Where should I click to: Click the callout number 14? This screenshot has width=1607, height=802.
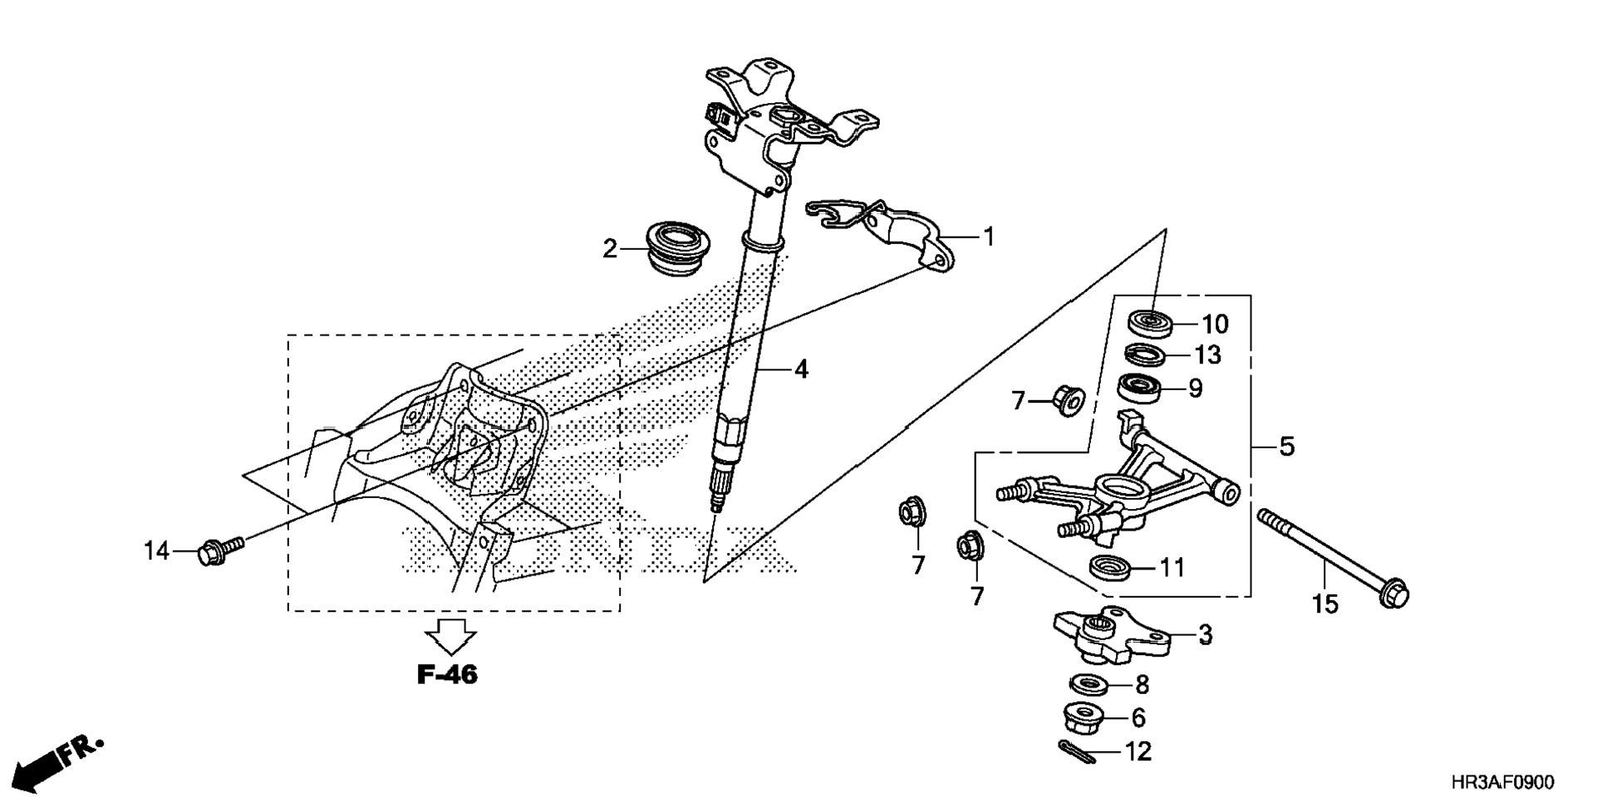tap(156, 550)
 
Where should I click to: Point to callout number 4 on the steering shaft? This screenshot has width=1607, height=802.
tap(800, 369)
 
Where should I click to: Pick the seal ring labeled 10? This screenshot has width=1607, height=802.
tap(1149, 323)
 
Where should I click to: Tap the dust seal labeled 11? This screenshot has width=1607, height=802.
tap(1109, 568)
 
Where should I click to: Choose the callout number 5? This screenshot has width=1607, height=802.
tap(1286, 447)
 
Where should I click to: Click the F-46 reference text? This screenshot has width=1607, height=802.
tap(447, 675)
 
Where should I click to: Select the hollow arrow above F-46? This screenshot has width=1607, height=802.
tap(450, 637)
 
